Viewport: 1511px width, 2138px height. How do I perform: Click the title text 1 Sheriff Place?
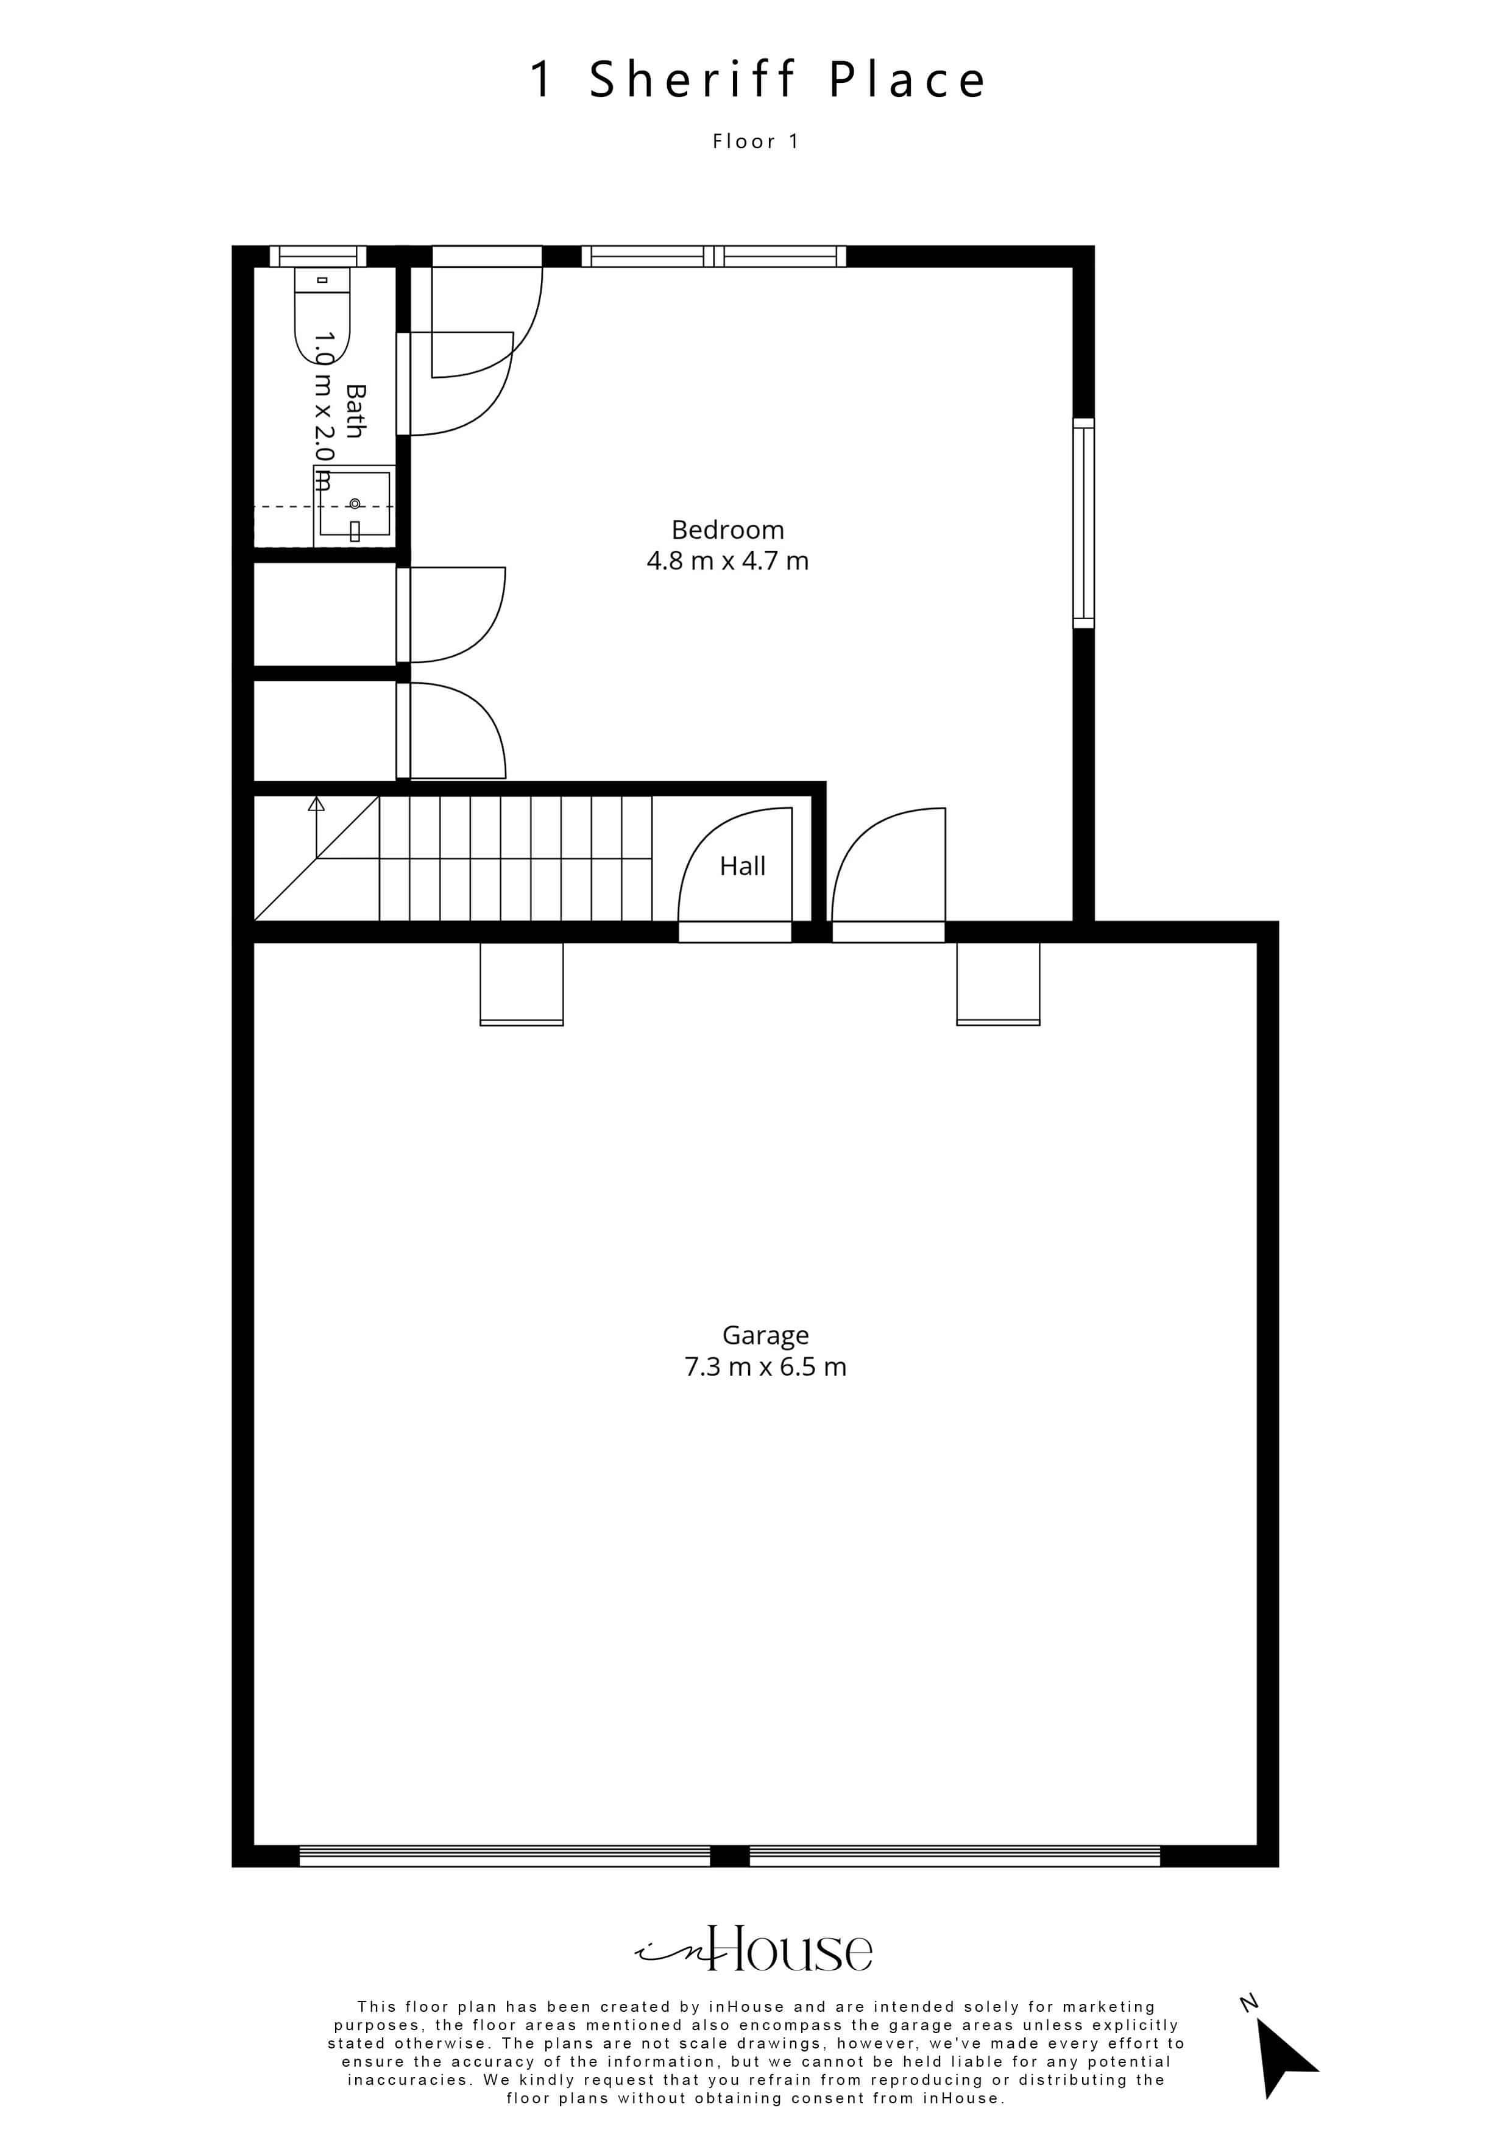click(x=757, y=79)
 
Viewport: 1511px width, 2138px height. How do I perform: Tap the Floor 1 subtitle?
click(x=756, y=141)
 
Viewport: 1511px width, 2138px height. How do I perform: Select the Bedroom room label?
click(x=728, y=530)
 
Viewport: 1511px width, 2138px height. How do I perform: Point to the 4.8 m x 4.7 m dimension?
click(x=728, y=561)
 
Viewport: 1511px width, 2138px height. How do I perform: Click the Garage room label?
click(x=765, y=1336)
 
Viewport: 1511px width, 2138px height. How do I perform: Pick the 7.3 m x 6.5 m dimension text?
click(x=765, y=1367)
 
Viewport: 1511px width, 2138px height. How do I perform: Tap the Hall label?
click(x=742, y=866)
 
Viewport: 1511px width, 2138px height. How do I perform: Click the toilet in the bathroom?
click(x=322, y=314)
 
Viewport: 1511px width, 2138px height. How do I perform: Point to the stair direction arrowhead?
click(x=317, y=804)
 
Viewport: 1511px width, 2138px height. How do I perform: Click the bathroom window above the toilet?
click(x=317, y=256)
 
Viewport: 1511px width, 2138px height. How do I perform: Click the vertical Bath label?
click(x=355, y=411)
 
